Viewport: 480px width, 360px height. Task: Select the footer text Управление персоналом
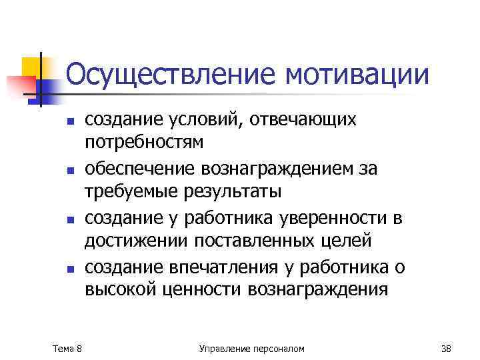click(x=252, y=348)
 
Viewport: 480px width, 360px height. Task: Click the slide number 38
click(x=447, y=348)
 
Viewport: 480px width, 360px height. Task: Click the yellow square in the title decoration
click(x=31, y=67)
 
